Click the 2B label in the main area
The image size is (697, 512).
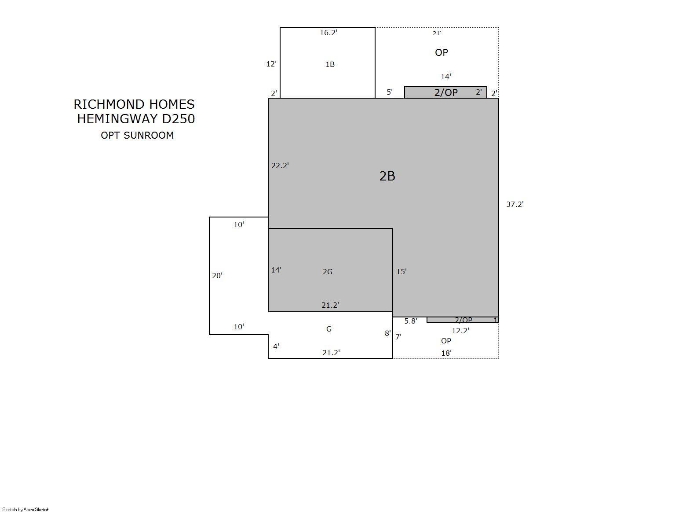click(387, 176)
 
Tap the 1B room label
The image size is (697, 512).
click(330, 64)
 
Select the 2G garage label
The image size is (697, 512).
click(327, 272)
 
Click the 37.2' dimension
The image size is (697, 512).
click(515, 204)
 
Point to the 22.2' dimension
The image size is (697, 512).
click(280, 166)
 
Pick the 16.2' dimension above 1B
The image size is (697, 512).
click(328, 33)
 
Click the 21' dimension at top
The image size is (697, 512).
click(437, 33)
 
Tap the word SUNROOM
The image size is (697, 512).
click(149, 135)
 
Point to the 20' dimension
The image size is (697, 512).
click(217, 276)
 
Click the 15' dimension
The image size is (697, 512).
click(401, 272)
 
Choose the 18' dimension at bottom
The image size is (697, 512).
click(446, 353)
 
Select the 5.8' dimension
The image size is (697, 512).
click(410, 321)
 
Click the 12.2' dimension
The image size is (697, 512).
click(460, 331)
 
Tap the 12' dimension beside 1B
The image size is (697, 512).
click(271, 64)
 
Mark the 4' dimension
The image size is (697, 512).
click(276, 346)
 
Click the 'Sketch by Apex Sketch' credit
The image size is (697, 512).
click(26, 509)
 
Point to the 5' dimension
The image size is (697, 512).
click(389, 92)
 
